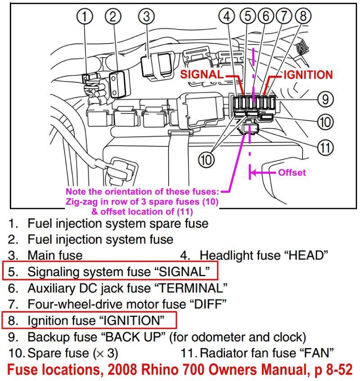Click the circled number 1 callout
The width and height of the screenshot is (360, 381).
(x=85, y=17)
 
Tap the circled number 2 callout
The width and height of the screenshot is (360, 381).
(x=113, y=17)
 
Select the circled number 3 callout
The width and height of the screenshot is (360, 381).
(x=146, y=17)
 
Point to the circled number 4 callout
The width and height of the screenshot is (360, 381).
(x=228, y=16)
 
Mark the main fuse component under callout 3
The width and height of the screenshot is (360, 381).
(x=150, y=65)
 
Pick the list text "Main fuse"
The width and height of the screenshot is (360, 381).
(x=55, y=255)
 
